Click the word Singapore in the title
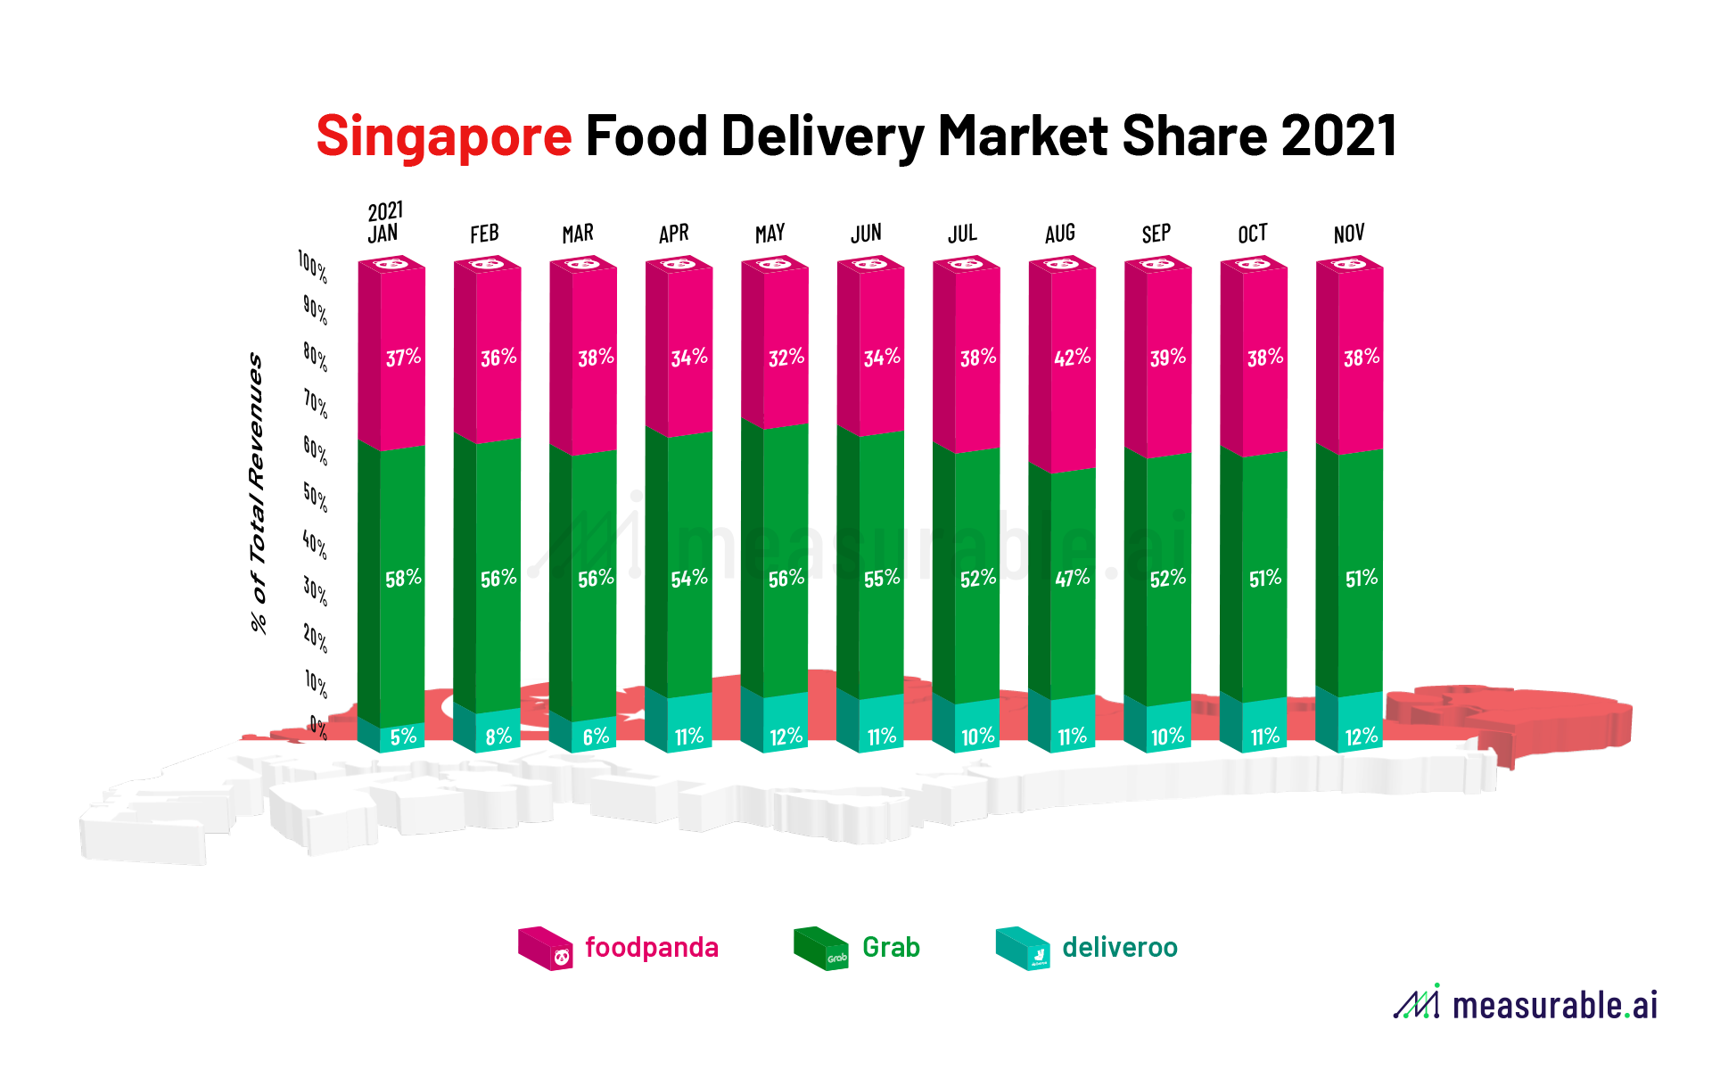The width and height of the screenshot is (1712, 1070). (x=444, y=136)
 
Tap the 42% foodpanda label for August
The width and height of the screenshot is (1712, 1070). (x=1072, y=358)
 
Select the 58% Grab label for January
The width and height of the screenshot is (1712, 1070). (x=403, y=579)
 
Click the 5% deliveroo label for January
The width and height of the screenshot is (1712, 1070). (x=403, y=737)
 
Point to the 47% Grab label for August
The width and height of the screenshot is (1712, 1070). (x=1072, y=578)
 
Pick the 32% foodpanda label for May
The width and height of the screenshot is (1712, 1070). (x=786, y=358)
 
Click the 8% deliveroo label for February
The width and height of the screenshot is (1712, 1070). (x=498, y=737)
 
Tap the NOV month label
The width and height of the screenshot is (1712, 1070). (x=1348, y=234)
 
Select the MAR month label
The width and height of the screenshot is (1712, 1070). (x=578, y=234)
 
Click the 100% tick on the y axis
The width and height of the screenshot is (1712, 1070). (x=313, y=266)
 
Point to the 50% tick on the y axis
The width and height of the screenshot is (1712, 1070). (x=315, y=497)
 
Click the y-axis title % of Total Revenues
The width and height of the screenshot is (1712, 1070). (x=257, y=492)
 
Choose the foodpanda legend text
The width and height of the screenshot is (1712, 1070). (x=651, y=947)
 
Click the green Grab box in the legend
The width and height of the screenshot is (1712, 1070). (x=820, y=949)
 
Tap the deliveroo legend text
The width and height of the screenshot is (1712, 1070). (x=1119, y=947)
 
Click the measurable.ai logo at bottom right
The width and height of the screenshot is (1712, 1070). (x=1526, y=1004)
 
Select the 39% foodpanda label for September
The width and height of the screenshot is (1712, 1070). (x=1167, y=358)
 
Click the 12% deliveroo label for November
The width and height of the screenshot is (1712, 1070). (x=1361, y=737)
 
